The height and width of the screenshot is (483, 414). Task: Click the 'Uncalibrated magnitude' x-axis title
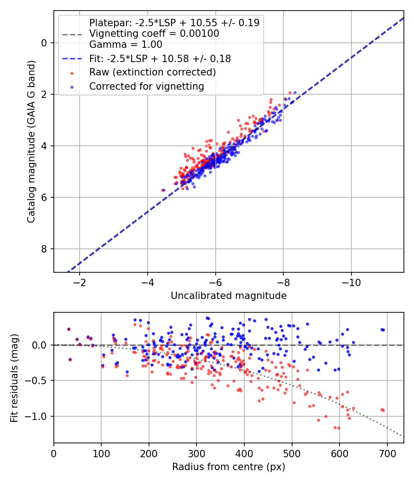tap(229, 296)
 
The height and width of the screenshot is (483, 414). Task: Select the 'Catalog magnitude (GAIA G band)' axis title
tap(31, 141)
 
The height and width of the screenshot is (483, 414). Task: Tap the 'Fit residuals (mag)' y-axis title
tap(14, 378)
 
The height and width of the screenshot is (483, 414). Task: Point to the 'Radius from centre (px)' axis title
tap(229, 467)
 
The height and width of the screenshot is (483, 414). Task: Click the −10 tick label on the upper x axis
tap(351, 282)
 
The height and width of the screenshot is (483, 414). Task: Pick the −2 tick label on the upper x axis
tap(80, 282)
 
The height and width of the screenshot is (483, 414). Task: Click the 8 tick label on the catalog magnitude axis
tap(44, 249)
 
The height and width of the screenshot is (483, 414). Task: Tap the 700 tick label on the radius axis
tap(387, 454)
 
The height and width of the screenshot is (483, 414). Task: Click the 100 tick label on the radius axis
tap(101, 454)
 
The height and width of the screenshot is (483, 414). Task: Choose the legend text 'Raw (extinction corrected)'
tap(152, 72)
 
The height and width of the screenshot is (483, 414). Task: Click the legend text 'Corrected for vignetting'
tap(147, 86)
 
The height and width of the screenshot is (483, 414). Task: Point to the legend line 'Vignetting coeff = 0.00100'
tap(154, 34)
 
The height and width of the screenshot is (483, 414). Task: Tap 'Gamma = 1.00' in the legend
tap(126, 45)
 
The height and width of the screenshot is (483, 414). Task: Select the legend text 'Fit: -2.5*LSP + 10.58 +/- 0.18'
tap(160, 58)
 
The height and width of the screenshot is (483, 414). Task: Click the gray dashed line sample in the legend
tap(72, 34)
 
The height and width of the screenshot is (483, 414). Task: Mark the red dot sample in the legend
tap(72, 73)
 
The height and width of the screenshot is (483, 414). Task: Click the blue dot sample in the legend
tap(72, 87)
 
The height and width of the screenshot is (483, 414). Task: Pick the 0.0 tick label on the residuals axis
tap(40, 345)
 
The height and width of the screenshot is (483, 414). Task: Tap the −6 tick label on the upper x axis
tap(215, 282)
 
